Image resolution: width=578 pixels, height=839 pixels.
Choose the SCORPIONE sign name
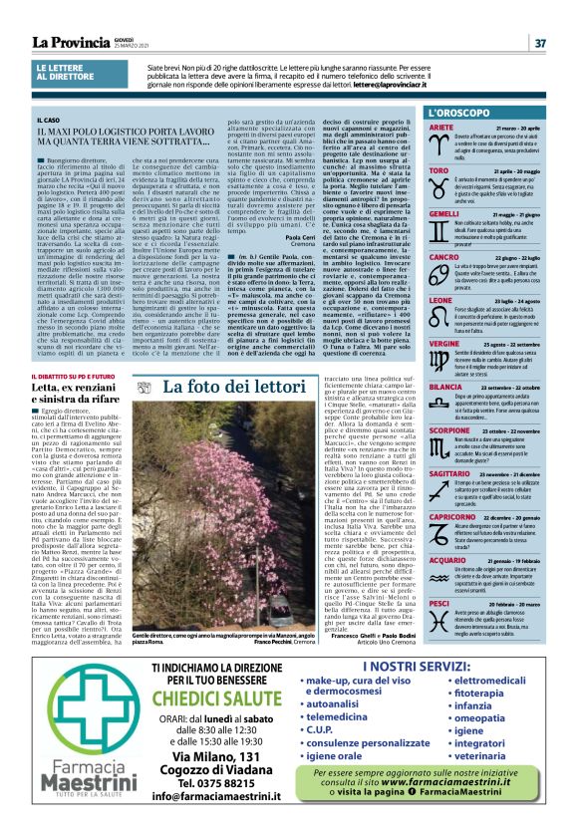424,428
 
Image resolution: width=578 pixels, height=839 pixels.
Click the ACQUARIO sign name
422,561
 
